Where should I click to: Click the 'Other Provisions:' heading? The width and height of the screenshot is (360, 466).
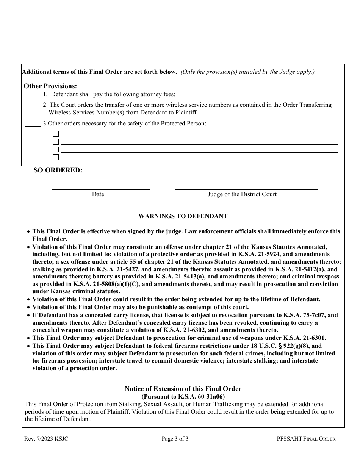tap(50, 86)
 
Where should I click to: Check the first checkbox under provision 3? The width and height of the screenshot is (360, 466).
tap(56, 134)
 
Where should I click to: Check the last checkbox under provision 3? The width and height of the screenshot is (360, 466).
tap(56, 157)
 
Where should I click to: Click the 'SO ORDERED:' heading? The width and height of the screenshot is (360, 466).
tap(58, 170)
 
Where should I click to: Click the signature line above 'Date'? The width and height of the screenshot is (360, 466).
tap(100, 189)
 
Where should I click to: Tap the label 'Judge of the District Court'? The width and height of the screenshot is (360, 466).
tap(242, 194)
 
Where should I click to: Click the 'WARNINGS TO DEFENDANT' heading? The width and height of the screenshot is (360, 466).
tap(183, 216)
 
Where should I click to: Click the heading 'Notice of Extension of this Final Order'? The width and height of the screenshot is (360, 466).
tap(183, 389)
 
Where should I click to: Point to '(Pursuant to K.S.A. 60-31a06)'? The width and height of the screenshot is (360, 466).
tap(183, 397)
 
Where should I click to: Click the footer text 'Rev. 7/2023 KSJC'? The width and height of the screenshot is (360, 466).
tap(47, 439)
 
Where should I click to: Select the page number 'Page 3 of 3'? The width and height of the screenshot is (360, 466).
tap(175, 439)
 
